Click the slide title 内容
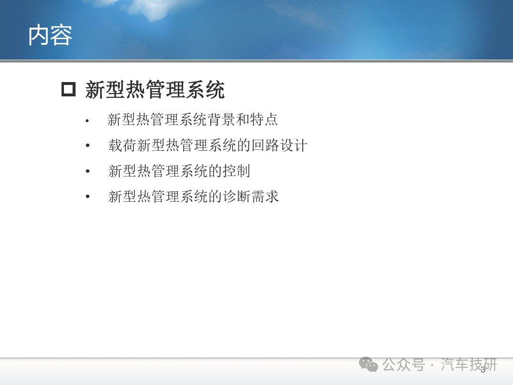click(50, 35)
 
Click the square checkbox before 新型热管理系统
click(68, 89)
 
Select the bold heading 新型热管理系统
click(155, 90)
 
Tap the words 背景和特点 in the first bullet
click(243, 119)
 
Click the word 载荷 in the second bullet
click(123, 146)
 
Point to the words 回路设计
click(279, 146)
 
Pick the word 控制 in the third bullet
click(236, 171)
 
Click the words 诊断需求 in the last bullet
click(251, 197)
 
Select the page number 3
click(483, 370)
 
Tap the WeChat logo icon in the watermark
click(369, 364)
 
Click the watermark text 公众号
click(404, 364)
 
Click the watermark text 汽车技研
click(469, 364)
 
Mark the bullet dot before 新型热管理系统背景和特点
click(87, 121)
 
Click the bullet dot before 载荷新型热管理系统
click(87, 146)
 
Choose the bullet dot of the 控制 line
click(87, 171)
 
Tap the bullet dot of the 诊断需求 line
click(87, 197)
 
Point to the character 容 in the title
click(62, 35)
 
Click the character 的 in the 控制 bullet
click(215, 171)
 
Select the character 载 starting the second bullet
click(115, 146)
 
